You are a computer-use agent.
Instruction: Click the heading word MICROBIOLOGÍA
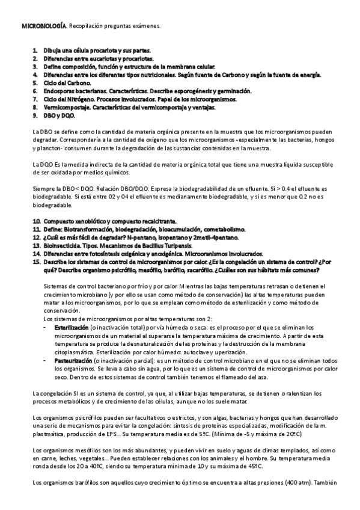click(x=44, y=27)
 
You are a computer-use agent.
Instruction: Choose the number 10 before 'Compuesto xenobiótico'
click(x=37, y=223)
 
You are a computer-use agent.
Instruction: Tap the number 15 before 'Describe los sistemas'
click(x=37, y=263)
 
